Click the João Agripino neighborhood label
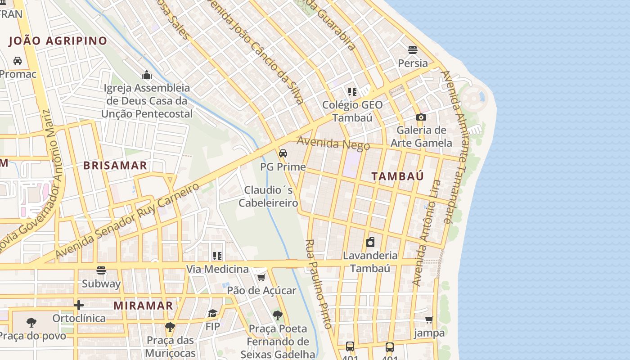pos(58,41)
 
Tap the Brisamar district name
pos(115,165)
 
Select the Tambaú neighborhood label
pos(398,176)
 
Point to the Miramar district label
pos(143,306)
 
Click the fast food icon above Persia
pos(413,49)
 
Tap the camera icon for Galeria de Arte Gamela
pos(421,117)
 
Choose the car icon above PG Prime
pos(283,153)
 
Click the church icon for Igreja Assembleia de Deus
pos(147,75)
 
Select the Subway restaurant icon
pos(101,270)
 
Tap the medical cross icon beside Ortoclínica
pos(79,305)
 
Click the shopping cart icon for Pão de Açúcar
pos(261,277)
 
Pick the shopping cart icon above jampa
pos(429,319)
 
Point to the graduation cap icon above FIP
pos(212,313)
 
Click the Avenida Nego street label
pos(333,144)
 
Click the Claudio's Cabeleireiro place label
pos(268,197)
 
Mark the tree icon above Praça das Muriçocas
pos(170,327)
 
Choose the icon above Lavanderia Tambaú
pos(370,243)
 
